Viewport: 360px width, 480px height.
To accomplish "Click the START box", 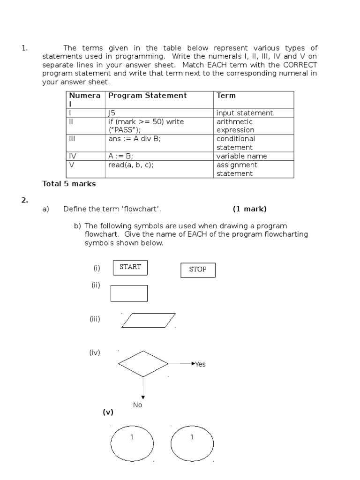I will [130, 267].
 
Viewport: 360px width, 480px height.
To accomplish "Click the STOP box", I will [198, 270].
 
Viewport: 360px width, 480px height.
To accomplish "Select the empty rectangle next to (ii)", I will [129, 293].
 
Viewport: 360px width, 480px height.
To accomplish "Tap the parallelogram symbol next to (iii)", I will [149, 320].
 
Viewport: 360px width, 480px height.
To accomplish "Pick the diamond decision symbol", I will [143, 363].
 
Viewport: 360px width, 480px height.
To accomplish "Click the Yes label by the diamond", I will [200, 364].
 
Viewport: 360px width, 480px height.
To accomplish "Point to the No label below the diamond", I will [137, 405].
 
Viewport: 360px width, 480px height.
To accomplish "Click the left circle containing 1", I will [132, 443].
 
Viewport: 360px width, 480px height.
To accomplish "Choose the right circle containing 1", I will [192, 443].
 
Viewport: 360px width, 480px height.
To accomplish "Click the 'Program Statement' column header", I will [147, 96].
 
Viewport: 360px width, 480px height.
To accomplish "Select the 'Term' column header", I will [226, 96].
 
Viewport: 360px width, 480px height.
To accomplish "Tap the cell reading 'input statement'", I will [245, 113].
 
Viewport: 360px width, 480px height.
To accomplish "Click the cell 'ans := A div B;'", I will [135, 139].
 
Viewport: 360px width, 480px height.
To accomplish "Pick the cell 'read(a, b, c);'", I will [131, 165].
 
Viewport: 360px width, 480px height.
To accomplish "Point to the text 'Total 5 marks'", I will [69, 184].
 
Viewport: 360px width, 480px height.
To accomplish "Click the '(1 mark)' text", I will [249, 209].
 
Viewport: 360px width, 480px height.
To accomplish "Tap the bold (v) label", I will [108, 412].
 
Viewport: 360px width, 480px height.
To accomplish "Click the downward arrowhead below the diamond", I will [143, 397].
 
